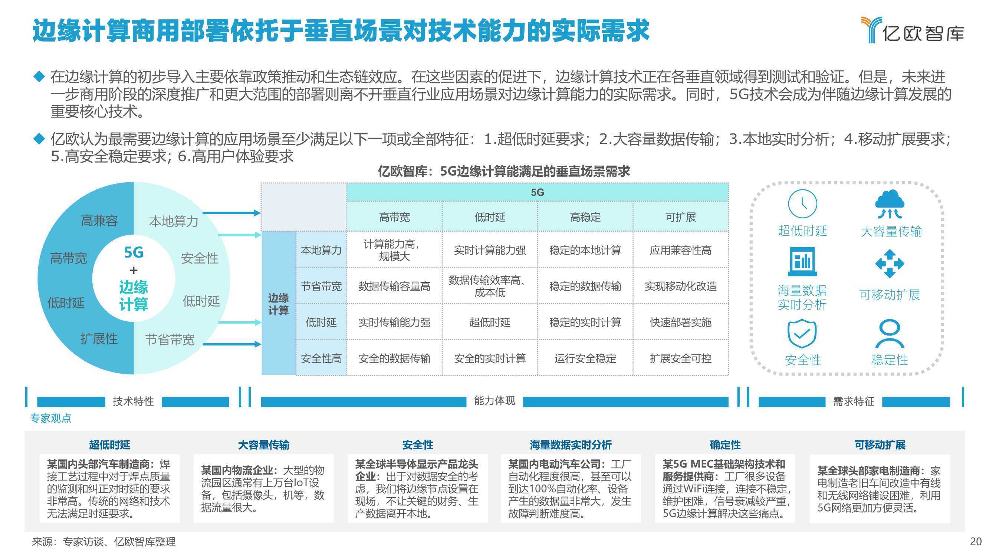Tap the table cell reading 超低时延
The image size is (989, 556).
[490, 322]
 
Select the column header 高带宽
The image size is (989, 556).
[394, 217]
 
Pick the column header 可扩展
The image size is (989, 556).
[681, 217]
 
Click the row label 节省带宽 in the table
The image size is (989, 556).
[321, 286]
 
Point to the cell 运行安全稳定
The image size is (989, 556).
[585, 358]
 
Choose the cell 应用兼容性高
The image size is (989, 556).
[681, 250]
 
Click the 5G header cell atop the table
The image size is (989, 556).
[538, 192]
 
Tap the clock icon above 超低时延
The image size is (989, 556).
[802, 203]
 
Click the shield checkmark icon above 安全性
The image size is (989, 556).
[802, 333]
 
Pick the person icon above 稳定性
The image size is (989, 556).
[890, 334]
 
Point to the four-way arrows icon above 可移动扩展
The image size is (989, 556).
[890, 264]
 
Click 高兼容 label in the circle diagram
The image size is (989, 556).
[99, 221]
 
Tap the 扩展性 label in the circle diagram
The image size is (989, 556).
[99, 339]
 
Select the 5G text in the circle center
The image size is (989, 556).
[134, 252]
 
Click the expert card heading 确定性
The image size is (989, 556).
[725, 445]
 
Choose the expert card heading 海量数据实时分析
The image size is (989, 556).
[571, 445]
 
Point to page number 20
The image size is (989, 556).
[976, 542]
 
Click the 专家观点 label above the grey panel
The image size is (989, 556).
[51, 418]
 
